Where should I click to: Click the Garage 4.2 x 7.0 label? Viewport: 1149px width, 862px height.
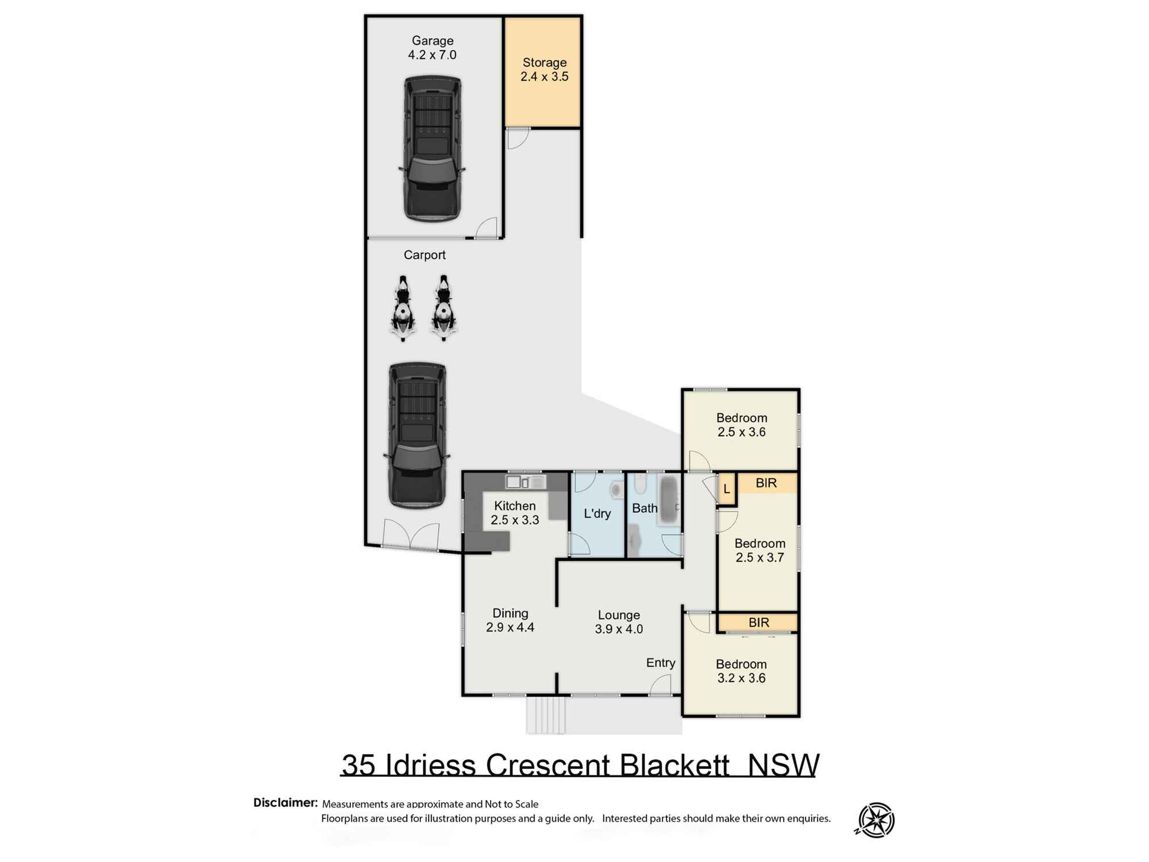(432, 48)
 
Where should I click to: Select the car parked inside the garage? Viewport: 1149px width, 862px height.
(432, 149)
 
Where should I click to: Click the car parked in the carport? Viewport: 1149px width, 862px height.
(417, 435)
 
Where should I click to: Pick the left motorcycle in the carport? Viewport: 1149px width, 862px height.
(403, 309)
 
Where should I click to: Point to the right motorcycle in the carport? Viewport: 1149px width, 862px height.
(443, 309)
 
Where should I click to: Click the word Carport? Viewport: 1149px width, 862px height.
(424, 255)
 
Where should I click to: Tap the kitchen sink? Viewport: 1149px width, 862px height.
(516, 482)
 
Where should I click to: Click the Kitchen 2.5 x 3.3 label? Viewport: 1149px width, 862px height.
(514, 513)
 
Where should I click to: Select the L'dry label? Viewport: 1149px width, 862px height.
(597, 513)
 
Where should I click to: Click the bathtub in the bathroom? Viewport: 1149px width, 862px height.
(669, 500)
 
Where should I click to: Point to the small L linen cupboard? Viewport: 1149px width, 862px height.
(726, 489)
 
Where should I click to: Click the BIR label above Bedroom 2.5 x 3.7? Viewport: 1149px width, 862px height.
(766, 483)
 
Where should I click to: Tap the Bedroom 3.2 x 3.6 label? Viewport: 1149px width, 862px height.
(741, 671)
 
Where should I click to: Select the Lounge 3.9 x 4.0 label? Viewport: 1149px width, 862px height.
(618, 622)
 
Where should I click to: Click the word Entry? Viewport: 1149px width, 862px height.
(660, 663)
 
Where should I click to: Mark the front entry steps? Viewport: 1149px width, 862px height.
(545, 715)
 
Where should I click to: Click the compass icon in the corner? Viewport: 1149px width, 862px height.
(876, 820)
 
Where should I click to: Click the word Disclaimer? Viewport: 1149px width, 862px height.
(285, 802)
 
